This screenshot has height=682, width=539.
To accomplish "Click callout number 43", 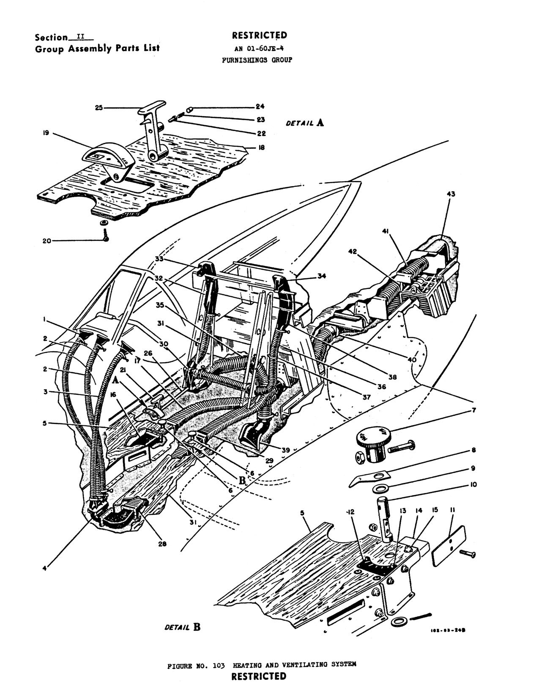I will coord(451,194).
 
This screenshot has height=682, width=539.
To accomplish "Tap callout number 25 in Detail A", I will coord(98,108).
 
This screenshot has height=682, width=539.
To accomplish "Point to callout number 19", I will coord(46,133).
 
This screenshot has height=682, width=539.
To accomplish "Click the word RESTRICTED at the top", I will coord(259,36).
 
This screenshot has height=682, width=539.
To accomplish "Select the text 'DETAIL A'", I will coord(305,123).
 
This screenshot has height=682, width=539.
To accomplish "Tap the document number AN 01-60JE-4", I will coord(259,48).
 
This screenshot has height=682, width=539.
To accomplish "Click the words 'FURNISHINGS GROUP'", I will coord(257,60).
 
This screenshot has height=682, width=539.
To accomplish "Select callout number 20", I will coord(47,241).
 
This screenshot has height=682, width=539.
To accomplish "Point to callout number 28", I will coord(162,544).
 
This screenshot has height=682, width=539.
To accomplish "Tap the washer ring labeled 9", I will coord(382,489).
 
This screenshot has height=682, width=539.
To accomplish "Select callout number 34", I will coord(322,277).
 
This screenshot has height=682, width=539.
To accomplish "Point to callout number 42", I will coord(353,252).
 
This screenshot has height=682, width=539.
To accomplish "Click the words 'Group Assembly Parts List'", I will coord(97,48).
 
